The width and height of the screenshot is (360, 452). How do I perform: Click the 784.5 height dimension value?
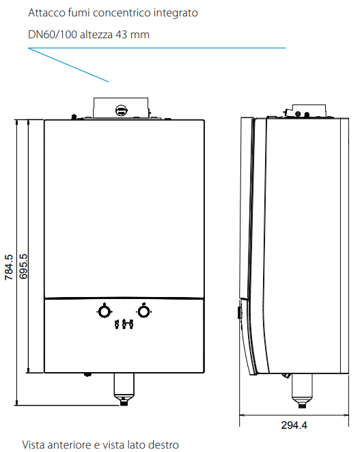tap(9, 267)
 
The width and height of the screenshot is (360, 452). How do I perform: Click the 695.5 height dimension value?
tap(23, 266)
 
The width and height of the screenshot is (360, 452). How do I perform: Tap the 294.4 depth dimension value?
tap(294, 425)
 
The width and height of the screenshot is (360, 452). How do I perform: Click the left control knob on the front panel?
tap(104, 311)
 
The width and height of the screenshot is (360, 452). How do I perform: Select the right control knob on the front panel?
tap(143, 311)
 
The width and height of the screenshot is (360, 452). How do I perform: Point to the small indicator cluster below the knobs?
tap(124, 324)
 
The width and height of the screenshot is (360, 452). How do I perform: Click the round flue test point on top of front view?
tap(121, 110)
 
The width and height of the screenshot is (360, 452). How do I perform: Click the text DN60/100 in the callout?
tap(53, 35)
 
